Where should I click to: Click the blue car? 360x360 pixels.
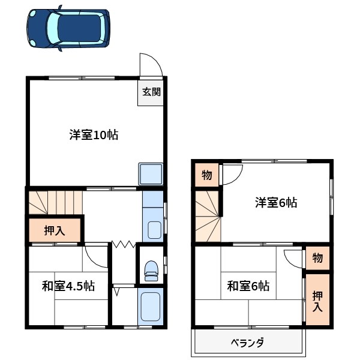coord(68,28)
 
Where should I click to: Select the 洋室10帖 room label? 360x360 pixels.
coord(93,135)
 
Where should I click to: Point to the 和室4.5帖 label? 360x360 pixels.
coord(68,286)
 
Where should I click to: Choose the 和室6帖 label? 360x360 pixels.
coord(248,286)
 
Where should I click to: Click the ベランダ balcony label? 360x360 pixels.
coord(247,344)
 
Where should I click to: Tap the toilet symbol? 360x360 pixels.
coord(151,269)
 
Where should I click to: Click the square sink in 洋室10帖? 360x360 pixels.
coord(151,175)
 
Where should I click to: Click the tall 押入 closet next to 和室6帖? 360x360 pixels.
coord(317,299)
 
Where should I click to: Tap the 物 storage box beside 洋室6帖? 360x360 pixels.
coord(206,175)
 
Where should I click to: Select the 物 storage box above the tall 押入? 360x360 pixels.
coord(317,259)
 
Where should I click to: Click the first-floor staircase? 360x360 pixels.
coord(54,202)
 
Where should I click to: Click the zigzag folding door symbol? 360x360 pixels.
coord(124,244)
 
